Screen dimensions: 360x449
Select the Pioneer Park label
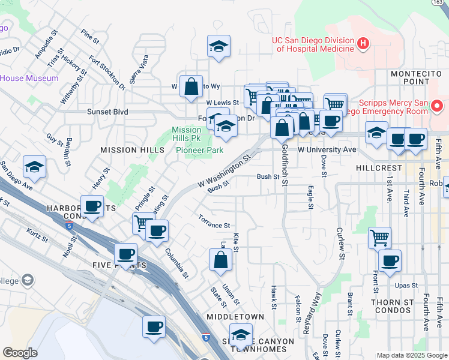199,150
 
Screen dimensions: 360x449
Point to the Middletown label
235,316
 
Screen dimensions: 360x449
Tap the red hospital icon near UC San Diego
363,43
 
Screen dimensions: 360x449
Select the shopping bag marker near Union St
220,260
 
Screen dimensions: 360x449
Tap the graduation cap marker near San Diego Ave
34,167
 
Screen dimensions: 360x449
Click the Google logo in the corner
20,353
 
